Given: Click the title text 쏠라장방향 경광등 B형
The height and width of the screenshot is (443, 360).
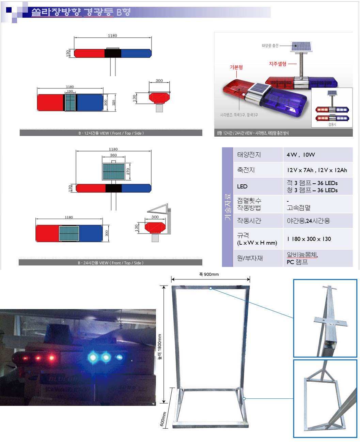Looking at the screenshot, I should [x=81, y=12].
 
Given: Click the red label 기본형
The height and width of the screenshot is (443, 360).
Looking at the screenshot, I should [x=236, y=67].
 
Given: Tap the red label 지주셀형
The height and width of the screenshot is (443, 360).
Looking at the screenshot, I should [x=278, y=64].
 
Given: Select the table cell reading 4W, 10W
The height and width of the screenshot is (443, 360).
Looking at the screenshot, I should [x=301, y=155].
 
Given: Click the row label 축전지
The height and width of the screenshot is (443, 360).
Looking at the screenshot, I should [x=246, y=170].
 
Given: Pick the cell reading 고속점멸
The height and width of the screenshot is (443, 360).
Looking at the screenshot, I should [x=298, y=208].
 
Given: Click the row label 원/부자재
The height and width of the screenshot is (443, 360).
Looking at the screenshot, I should [x=250, y=258].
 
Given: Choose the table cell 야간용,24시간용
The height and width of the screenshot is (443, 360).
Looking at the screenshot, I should [x=308, y=221].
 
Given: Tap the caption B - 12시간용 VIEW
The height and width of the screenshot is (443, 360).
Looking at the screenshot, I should [x=111, y=133].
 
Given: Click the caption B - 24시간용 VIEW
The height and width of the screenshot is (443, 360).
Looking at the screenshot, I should [x=110, y=263].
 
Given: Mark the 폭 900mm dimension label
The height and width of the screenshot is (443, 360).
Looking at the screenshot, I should [x=209, y=274].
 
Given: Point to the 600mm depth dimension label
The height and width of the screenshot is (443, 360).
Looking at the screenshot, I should [x=163, y=419].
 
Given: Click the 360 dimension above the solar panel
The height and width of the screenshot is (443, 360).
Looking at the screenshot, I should [x=113, y=155].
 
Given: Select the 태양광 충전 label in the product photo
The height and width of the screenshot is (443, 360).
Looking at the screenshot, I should [x=270, y=46].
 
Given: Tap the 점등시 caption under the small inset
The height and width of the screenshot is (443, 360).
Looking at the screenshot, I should [x=332, y=124].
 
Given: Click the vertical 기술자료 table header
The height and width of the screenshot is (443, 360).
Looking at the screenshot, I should [x=228, y=207].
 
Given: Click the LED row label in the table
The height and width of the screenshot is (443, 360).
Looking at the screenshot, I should [x=242, y=186].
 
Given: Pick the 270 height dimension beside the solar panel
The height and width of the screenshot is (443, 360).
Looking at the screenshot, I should [x=128, y=171].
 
